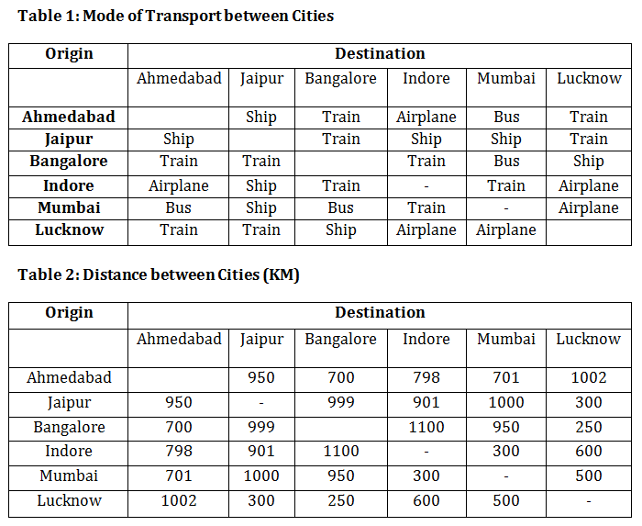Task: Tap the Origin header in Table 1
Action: pyautogui.click(x=69, y=54)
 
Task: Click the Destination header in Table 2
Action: pyautogui.click(x=380, y=313)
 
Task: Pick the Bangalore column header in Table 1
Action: pyautogui.click(x=340, y=79)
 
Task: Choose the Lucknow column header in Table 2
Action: pyautogui.click(x=588, y=339)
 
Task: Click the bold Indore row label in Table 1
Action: pyautogui.click(x=69, y=185)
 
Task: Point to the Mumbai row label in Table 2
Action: pyautogui.click(x=69, y=476)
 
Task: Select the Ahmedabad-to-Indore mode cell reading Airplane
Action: pyautogui.click(x=426, y=117)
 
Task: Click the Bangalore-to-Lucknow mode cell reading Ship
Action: pyautogui.click(x=588, y=162)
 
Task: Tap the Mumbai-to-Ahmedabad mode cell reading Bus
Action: pyautogui.click(x=178, y=207)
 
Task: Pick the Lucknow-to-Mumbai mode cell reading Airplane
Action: pyautogui.click(x=506, y=229)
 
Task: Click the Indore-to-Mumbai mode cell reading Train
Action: pyautogui.click(x=506, y=185)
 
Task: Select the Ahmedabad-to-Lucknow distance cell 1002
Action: pyautogui.click(x=588, y=377)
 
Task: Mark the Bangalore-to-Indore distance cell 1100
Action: pyautogui.click(x=426, y=427)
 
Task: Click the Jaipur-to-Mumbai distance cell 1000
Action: pyautogui.click(x=506, y=402)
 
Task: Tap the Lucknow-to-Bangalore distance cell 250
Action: pyautogui.click(x=340, y=500)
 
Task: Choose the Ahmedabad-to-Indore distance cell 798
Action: pyautogui.click(x=426, y=377)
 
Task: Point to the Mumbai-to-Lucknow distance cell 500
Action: pyautogui.click(x=588, y=476)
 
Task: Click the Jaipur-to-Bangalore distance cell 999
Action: pyautogui.click(x=340, y=402)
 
